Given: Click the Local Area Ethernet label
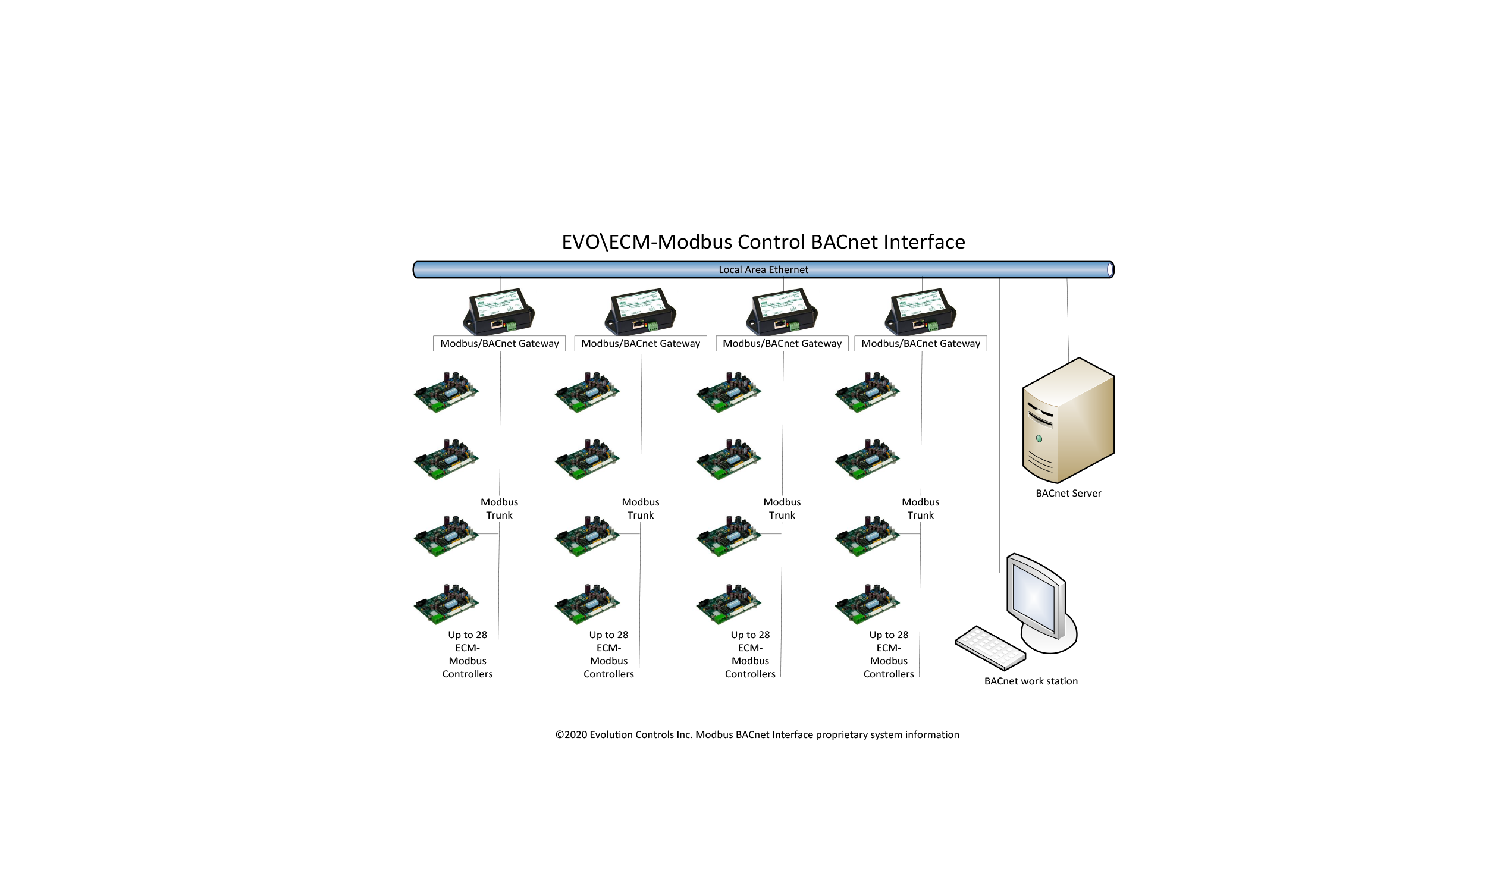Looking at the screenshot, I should (x=763, y=269).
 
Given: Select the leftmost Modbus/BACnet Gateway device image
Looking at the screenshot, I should (x=498, y=312).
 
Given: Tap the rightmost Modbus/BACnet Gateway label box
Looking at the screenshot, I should (x=920, y=343).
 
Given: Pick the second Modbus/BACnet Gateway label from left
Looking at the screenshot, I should (x=640, y=343).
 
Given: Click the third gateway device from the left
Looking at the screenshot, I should (x=782, y=312).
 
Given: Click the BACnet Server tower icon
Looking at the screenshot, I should (x=1068, y=420).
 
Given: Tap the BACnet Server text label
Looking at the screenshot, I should (x=1068, y=493).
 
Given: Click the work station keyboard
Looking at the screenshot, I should (x=990, y=648).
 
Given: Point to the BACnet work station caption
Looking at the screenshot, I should (x=1030, y=681).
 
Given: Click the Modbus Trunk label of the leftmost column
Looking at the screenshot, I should (x=499, y=508).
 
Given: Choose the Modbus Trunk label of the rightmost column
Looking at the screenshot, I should (x=920, y=508).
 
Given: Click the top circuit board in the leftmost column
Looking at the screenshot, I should (x=446, y=392).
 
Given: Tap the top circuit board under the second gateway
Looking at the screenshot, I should (x=586, y=392).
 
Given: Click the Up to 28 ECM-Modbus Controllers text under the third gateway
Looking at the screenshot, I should (x=749, y=654).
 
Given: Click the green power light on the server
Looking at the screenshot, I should (x=1039, y=439).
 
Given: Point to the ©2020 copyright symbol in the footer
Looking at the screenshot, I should (x=559, y=734).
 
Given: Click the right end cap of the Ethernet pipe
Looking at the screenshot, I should (x=1109, y=270).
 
